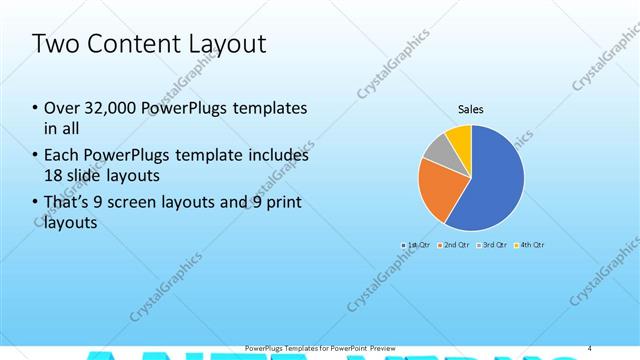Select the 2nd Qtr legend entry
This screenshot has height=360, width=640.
(454, 244)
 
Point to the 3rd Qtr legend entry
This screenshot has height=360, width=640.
(492, 244)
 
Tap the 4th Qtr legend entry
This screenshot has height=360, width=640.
(530, 244)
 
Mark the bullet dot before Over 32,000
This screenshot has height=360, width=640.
(35, 109)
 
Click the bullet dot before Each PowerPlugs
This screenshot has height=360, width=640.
(35, 156)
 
